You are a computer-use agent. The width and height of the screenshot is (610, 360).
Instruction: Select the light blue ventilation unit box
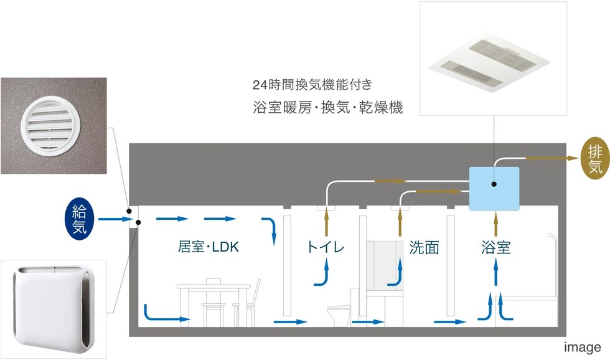[494, 186]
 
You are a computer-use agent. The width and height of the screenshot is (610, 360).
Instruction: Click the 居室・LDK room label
[208, 247]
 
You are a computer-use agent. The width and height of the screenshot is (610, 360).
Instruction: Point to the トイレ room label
[325, 247]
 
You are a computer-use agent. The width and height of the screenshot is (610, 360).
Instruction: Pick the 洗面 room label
[424, 247]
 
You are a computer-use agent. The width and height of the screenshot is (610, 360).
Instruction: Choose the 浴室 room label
[496, 247]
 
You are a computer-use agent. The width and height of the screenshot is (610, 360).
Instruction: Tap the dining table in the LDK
[213, 288]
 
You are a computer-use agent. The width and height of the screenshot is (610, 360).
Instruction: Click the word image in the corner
[583, 347]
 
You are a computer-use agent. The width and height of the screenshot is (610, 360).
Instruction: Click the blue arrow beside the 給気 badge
[112, 219]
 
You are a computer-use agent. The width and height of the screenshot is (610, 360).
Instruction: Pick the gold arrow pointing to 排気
[550, 158]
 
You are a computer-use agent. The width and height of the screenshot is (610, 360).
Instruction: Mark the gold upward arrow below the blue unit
[495, 219]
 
